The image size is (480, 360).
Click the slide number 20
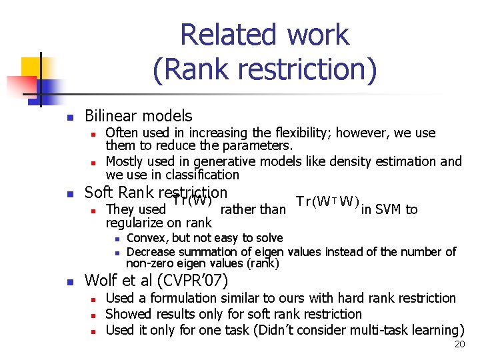click(459, 345)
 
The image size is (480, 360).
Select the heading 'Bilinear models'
click(138, 116)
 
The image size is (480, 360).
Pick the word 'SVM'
click(389, 209)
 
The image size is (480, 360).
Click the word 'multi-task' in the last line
click(366, 329)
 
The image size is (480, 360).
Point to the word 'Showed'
click(129, 313)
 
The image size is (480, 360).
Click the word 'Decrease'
click(153, 251)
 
